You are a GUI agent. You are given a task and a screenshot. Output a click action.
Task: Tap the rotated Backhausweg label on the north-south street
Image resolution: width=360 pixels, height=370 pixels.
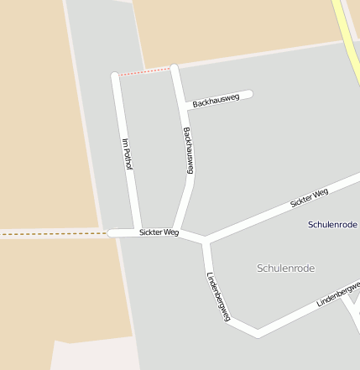tap(189, 150)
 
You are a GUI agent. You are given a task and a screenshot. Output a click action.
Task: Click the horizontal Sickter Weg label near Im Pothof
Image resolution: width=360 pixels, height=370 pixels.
tap(159, 232)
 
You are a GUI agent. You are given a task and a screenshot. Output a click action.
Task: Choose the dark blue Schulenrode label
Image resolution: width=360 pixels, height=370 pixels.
tap(333, 225)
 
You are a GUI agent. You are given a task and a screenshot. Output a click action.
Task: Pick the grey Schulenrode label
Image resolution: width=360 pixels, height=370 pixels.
tap(285, 268)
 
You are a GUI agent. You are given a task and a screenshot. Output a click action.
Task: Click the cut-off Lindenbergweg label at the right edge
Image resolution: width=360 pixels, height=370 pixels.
tap(338, 294)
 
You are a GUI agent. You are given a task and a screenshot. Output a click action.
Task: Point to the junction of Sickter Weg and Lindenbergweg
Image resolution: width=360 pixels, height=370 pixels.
tap(204, 242)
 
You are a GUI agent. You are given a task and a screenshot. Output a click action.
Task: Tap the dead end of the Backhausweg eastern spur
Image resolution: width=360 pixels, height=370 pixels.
tap(248, 94)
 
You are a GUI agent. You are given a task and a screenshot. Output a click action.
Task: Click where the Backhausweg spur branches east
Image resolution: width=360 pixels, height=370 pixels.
tap(183, 107)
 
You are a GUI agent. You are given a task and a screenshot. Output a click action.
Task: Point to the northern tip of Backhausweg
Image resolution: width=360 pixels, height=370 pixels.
tap(174, 67)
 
